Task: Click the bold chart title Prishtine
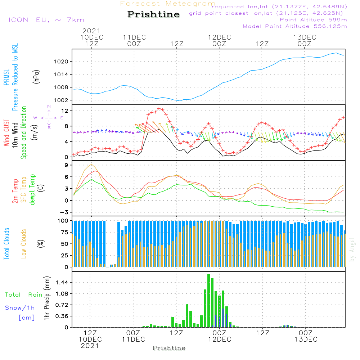tap(153, 14)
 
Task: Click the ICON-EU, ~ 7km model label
tap(46, 20)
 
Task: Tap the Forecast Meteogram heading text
tap(168, 4)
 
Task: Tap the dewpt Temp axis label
tap(32, 190)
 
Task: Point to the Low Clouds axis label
tap(24, 243)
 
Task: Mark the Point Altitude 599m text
tap(313, 20)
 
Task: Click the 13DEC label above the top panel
tap(305, 37)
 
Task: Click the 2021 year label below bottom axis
tap(90, 346)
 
